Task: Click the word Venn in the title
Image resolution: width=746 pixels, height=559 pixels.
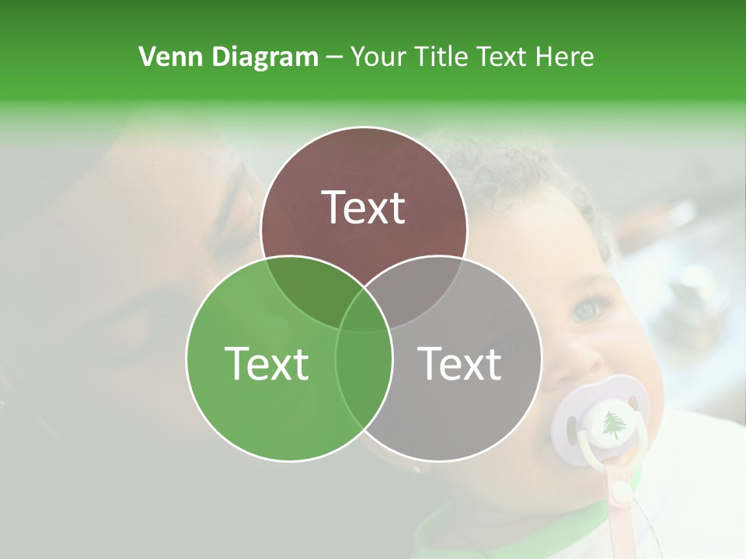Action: (164, 57)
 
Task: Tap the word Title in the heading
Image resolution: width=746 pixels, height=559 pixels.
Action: (441, 57)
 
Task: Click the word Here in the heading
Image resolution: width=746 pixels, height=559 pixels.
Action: (564, 57)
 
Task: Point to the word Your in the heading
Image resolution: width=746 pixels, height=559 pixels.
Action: (378, 57)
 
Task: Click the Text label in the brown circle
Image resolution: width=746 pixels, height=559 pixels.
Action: (364, 207)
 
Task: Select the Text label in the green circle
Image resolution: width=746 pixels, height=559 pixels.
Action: (267, 363)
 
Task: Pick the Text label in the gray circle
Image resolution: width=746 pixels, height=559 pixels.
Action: (460, 363)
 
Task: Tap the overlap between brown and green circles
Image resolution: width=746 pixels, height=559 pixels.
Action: (307, 287)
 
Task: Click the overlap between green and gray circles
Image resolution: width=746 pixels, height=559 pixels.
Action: (364, 373)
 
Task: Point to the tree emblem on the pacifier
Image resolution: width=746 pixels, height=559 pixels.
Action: (613, 423)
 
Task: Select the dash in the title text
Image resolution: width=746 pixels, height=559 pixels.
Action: (334, 57)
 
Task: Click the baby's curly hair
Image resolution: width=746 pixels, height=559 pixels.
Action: (505, 167)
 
